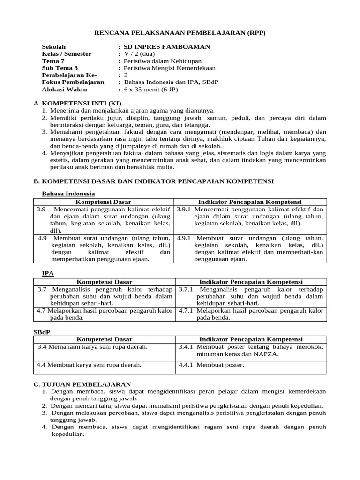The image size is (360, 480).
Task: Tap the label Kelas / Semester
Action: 67,54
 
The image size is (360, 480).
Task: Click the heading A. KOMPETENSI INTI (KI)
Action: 77,103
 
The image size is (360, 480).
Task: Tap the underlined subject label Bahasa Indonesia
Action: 68,194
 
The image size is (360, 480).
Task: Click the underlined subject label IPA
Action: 48,272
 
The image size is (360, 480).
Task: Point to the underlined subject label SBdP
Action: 42,332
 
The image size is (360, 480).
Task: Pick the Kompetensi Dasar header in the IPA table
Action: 104,282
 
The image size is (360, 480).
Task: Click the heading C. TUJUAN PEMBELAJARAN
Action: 82,384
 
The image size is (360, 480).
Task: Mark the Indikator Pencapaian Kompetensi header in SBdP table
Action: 251,339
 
